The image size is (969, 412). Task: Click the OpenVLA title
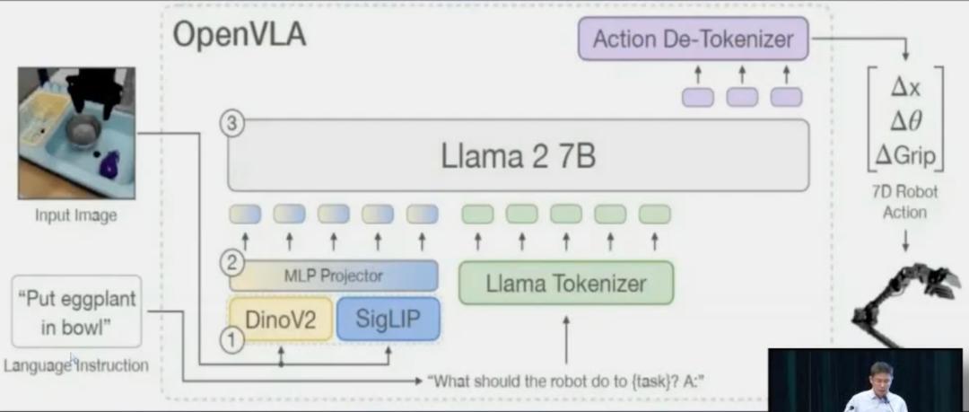239,35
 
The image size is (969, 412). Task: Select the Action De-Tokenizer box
693,39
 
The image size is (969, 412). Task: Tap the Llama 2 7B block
518,155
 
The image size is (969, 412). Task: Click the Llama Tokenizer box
565,284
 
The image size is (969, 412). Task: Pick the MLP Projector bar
334,276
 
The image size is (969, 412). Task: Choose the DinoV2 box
280,319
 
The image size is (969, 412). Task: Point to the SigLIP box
388,319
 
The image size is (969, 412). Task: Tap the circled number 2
232,264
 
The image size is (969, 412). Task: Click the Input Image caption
76,215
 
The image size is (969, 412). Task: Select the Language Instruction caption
75,365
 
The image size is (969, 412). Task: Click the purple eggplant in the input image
110,165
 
